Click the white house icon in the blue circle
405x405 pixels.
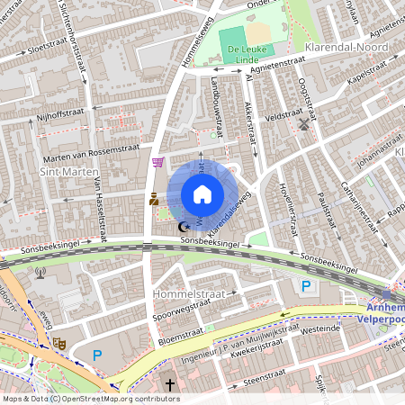(x=202, y=194)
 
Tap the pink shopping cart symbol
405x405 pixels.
(x=158, y=163)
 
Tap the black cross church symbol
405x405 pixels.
(x=171, y=386)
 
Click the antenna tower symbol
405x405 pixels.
(x=39, y=271)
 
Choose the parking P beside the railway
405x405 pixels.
(x=307, y=286)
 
